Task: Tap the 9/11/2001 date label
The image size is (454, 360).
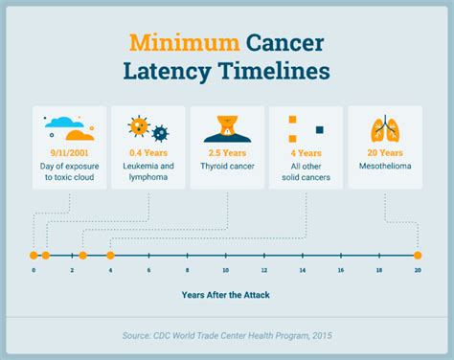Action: click(x=69, y=151)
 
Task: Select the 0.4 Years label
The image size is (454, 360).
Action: click(x=148, y=151)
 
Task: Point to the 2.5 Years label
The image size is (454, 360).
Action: click(x=227, y=151)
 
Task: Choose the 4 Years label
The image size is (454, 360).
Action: click(x=306, y=151)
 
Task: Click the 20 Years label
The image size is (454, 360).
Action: click(x=385, y=151)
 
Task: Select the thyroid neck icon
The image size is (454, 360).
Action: click(x=227, y=126)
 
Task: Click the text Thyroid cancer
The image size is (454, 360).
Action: click(x=227, y=165)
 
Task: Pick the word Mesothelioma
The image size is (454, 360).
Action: click(x=385, y=165)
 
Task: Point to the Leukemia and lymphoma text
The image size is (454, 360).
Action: click(x=148, y=170)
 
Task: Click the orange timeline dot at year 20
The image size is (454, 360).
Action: click(x=418, y=256)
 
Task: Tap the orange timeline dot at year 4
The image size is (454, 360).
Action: click(x=110, y=256)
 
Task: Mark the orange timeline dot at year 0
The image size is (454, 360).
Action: click(x=34, y=256)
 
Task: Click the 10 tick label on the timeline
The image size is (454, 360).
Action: click(x=225, y=271)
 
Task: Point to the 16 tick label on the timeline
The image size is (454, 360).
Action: click(x=341, y=271)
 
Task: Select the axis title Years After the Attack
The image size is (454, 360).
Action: click(x=226, y=295)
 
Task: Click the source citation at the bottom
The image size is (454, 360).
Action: click(x=226, y=335)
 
